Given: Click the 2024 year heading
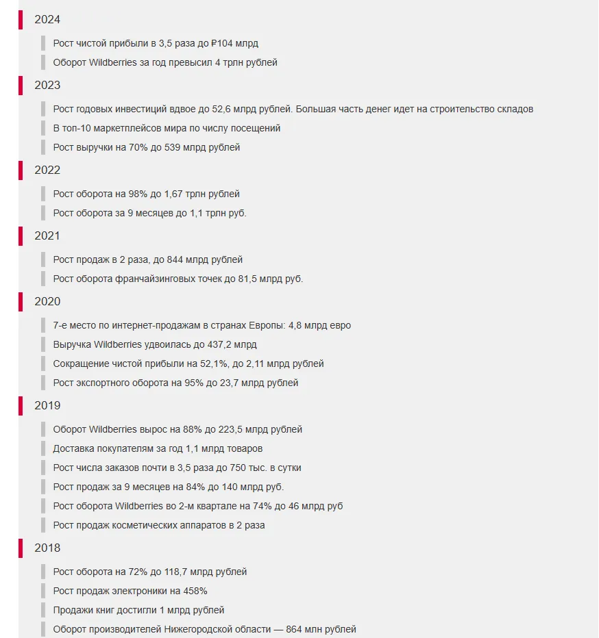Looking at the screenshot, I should click(x=47, y=20).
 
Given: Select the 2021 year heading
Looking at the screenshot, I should click(x=47, y=236).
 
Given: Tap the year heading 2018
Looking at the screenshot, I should click(x=47, y=548).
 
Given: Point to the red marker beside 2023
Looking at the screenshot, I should click(x=21, y=86).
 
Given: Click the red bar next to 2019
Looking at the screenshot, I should click(x=21, y=406).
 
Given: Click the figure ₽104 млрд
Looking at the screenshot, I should click(x=235, y=43).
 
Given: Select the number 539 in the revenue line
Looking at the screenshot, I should click(x=173, y=147).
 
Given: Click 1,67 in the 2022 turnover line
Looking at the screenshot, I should click(x=175, y=194).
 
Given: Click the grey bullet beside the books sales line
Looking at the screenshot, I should click(x=42, y=610).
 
